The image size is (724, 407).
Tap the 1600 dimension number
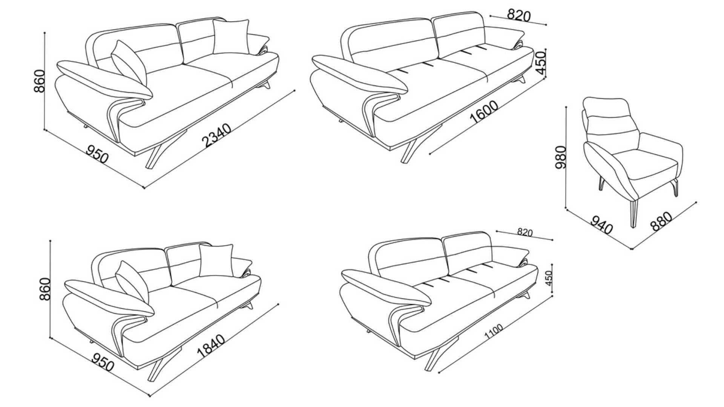484,112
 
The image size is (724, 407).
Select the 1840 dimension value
211,346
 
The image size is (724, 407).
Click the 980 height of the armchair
561,157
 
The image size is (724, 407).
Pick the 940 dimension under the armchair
601,225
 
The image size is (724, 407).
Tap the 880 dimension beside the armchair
661,221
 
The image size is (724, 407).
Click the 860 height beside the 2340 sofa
40,81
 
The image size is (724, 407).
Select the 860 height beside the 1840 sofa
45,289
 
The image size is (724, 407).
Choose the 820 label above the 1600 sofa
519,15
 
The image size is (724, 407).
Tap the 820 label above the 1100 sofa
525,232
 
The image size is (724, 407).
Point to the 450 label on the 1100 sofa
549,278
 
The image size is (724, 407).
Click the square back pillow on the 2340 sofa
231,37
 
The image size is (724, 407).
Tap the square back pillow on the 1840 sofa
216,261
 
